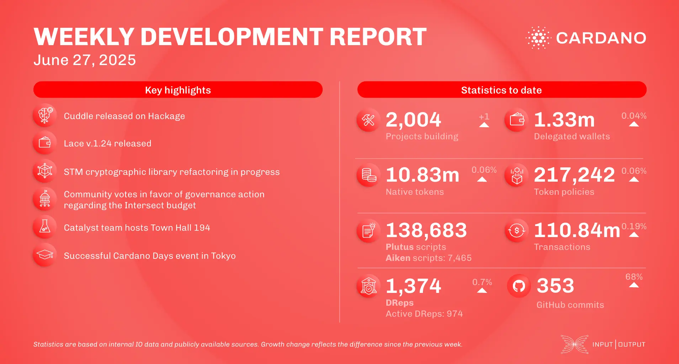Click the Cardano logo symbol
(538, 38)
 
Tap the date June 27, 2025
(85, 60)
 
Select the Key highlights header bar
(178, 90)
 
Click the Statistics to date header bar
(502, 90)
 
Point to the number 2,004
(413, 120)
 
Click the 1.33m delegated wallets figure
(564, 120)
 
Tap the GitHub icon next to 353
(519, 286)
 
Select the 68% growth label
(634, 277)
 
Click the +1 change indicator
(484, 117)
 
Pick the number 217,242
(574, 175)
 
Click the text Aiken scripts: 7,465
(429, 258)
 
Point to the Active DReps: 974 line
(424, 314)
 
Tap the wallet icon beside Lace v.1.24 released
(45, 143)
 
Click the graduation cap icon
(45, 255)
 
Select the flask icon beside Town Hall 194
(45, 226)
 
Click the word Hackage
(166, 116)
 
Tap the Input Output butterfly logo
(574, 344)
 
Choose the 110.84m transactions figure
(577, 230)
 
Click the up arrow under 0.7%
(482, 290)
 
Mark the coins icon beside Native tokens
(369, 175)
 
